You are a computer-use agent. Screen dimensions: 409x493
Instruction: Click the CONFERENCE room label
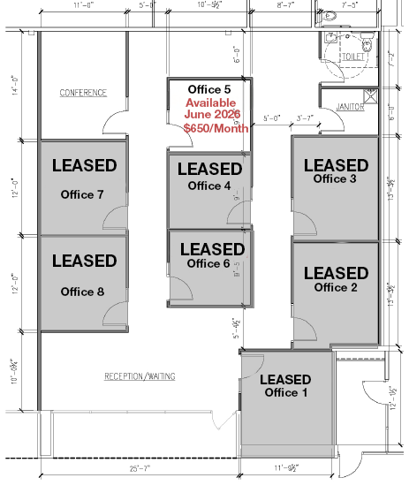click(x=83, y=93)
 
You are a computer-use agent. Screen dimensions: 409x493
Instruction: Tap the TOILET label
click(x=353, y=57)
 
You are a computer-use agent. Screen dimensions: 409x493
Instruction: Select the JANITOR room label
click(x=350, y=107)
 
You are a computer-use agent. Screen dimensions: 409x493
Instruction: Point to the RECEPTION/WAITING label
click(x=140, y=376)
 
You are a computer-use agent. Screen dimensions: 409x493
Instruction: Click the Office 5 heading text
click(x=209, y=89)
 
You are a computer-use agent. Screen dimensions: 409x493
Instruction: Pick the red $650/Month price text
click(x=216, y=128)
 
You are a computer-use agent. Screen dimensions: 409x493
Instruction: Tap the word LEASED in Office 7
click(x=84, y=165)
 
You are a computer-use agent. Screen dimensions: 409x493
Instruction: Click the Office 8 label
click(x=82, y=292)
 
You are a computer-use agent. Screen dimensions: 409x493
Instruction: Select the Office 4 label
click(x=209, y=186)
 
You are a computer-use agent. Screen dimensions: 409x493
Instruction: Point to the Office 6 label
click(x=208, y=263)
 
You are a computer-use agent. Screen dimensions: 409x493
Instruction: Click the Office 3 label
click(x=335, y=178)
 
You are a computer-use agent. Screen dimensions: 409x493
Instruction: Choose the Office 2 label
click(x=336, y=287)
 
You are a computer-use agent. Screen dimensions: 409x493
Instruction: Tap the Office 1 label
click(x=286, y=392)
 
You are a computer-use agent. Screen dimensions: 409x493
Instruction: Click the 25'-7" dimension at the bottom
click(x=140, y=468)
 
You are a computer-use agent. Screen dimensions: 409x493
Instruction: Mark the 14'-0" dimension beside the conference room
click(x=15, y=85)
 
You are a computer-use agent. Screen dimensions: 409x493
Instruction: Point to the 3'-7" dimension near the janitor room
click(x=305, y=118)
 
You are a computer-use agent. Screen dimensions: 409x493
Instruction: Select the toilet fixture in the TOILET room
click(x=367, y=42)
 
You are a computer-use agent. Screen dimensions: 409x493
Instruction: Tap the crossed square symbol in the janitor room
click(x=370, y=96)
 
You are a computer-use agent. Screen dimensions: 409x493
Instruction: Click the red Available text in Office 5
click(x=210, y=102)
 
